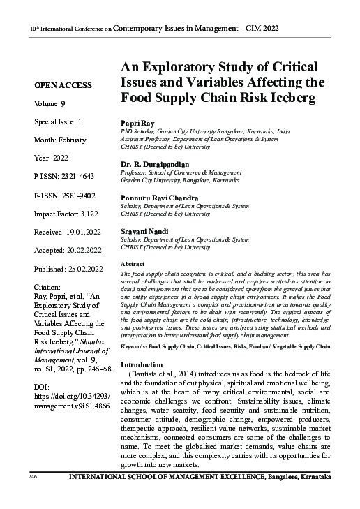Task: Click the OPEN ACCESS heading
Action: (62, 85)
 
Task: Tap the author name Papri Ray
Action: (138, 122)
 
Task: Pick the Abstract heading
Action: (133, 265)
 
